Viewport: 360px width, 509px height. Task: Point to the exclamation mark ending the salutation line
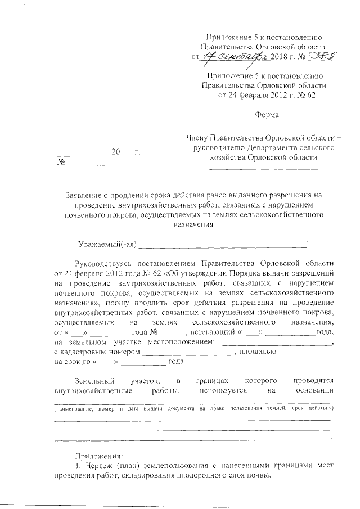coord(307,244)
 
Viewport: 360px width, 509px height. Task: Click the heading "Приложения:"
coord(98,456)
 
